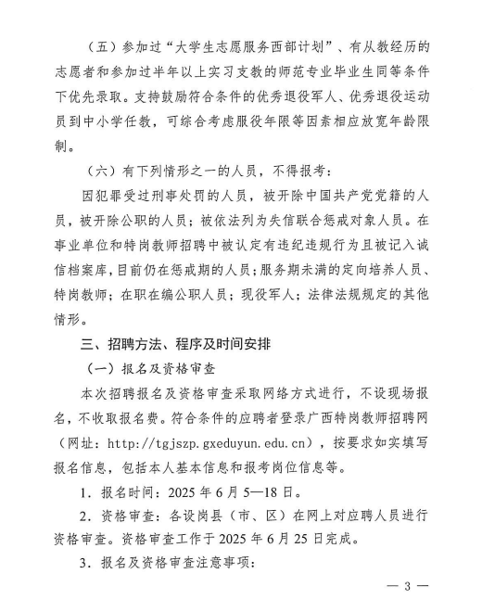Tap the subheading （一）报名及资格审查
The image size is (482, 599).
point(161,369)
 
